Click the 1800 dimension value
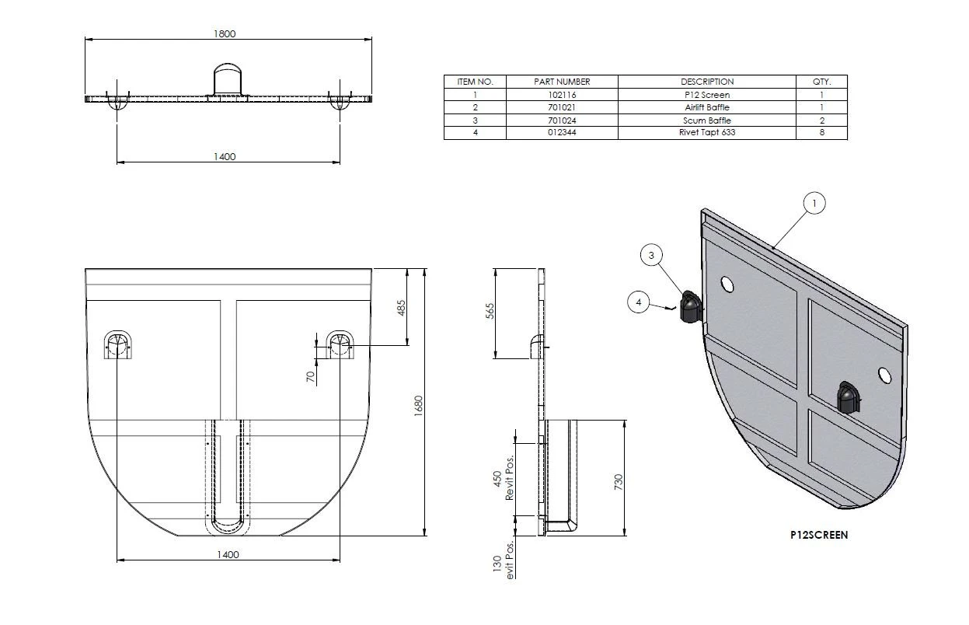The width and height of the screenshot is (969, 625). tap(225, 33)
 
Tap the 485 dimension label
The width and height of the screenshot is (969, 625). tap(402, 308)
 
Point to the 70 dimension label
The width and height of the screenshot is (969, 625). tap(310, 377)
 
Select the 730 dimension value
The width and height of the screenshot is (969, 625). tap(619, 479)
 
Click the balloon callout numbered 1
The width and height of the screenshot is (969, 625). tap(814, 204)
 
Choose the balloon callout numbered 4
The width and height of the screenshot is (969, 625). tap(638, 302)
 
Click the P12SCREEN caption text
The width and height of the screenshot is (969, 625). tap(818, 535)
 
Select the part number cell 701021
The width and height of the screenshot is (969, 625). tap(562, 107)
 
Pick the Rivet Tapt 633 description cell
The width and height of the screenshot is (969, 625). tap(707, 134)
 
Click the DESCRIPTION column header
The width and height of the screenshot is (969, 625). tap(707, 82)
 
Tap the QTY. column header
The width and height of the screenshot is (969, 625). tap(821, 82)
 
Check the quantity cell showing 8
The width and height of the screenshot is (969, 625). tap(821, 134)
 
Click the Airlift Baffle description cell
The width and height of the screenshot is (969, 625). tap(707, 107)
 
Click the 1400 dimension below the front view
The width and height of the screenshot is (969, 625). tap(228, 554)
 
